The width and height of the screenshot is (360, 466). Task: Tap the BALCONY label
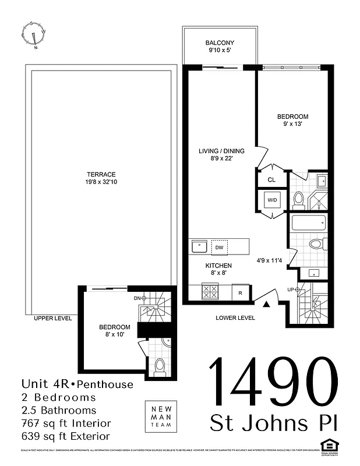220,43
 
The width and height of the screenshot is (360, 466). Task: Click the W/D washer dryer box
272,200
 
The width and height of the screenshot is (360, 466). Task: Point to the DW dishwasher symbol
219,247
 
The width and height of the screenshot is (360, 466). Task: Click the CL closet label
271,180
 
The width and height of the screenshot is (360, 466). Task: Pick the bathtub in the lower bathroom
309,224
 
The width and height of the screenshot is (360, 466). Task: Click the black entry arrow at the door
267,304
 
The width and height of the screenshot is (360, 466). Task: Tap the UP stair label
290,290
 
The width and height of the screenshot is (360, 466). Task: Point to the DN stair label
137,298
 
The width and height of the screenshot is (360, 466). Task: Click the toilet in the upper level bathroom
160,366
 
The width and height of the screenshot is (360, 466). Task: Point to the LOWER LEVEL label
235,318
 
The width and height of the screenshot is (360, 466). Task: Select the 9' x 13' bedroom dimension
292,124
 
